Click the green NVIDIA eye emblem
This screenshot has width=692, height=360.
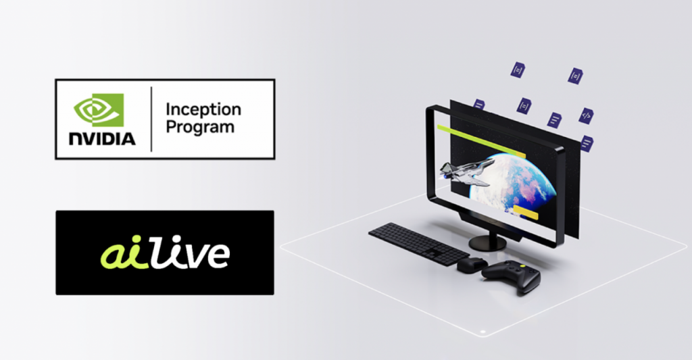(99, 110)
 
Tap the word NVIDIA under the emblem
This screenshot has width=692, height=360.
(102, 138)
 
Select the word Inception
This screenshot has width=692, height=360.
(203, 110)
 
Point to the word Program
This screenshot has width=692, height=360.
(200, 128)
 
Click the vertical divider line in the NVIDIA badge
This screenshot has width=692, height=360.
(151, 119)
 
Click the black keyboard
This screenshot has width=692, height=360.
(418, 243)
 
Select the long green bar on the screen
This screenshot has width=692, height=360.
(481, 141)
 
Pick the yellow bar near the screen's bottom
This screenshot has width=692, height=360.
(526, 212)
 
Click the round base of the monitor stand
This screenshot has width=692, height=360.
(487, 242)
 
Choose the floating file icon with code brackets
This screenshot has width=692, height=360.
(586, 115)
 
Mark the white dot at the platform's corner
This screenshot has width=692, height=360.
(483, 332)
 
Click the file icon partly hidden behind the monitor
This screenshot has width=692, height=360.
(479, 105)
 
